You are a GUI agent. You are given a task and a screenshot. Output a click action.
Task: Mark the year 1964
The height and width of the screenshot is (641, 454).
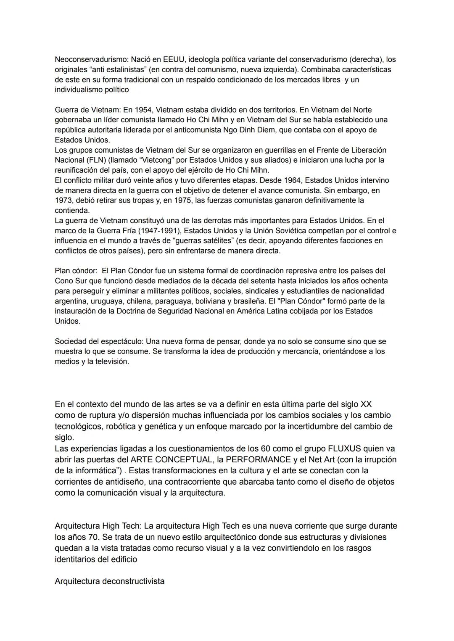click(290, 180)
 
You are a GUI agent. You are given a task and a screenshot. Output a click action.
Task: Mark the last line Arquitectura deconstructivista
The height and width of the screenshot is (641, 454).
click(109, 581)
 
